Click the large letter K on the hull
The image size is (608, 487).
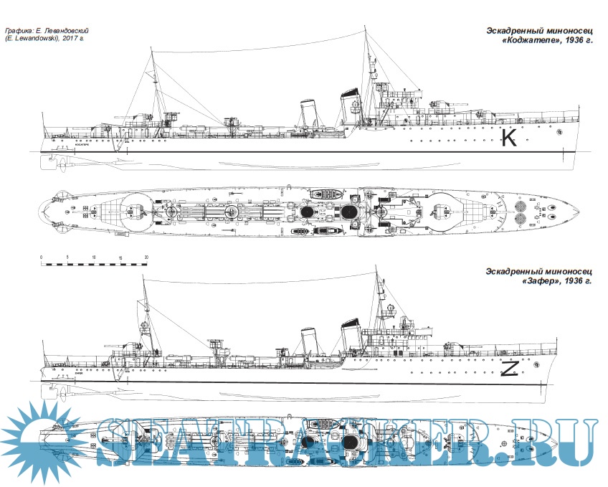(x=509, y=137)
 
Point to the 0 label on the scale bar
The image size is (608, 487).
(x=42, y=257)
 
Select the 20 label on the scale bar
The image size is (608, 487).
(x=146, y=257)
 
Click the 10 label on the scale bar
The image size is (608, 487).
(x=93, y=257)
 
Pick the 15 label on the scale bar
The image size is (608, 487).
(x=120, y=257)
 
